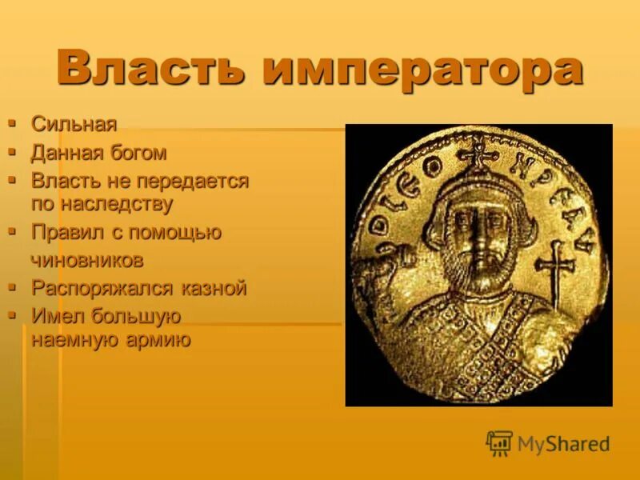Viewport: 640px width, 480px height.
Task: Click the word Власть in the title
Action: pyautogui.click(x=151, y=69)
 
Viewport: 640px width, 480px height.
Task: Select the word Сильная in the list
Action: pyautogui.click(x=74, y=124)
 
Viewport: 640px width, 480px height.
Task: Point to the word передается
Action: pyautogui.click(x=200, y=181)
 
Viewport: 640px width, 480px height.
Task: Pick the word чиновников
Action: pyautogui.click(x=88, y=260)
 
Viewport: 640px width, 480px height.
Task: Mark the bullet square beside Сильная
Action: pyautogui.click(x=12, y=123)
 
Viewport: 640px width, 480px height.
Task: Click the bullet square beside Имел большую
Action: pyautogui.click(x=12, y=315)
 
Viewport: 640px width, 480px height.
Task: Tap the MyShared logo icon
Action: pyautogui.click(x=499, y=443)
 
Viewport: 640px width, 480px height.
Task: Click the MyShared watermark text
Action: pyautogui.click(x=563, y=444)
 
